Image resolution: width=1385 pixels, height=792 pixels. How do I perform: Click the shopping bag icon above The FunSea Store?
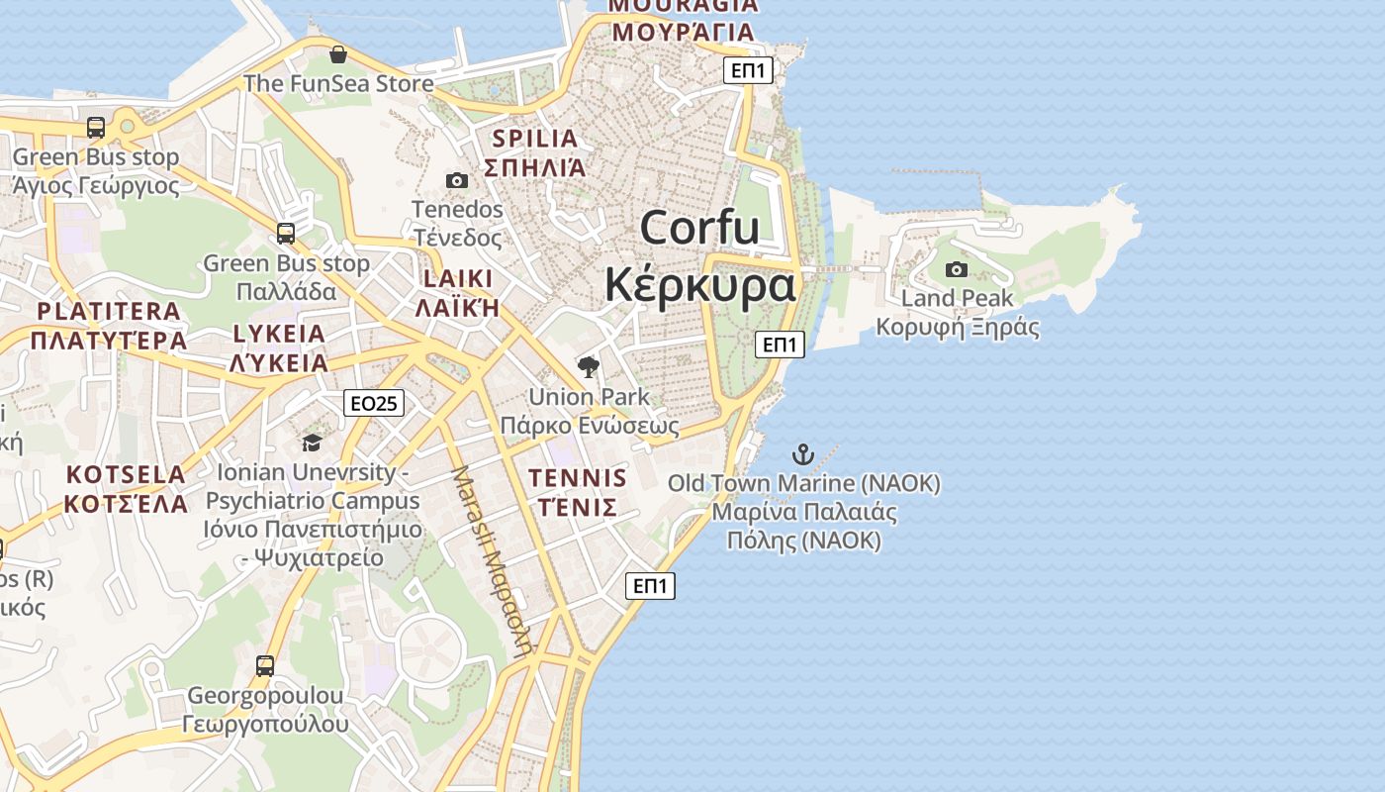click(338, 54)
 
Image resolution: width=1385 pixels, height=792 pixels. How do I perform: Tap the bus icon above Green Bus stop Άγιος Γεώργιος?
click(96, 128)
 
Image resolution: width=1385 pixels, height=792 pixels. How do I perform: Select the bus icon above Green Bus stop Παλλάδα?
click(286, 234)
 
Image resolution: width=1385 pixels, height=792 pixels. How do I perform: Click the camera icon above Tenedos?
click(457, 180)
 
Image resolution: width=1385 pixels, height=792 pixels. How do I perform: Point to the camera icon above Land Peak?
click(957, 269)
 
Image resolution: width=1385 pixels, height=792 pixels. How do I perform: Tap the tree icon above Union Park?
click(589, 368)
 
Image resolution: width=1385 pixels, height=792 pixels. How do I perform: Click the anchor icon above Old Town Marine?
click(803, 454)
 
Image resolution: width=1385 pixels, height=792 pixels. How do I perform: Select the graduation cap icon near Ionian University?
click(313, 443)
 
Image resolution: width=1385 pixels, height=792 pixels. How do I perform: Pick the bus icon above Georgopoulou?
click(265, 665)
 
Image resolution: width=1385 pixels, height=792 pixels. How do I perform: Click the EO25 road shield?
click(374, 403)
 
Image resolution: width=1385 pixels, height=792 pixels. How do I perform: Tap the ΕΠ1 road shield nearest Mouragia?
click(748, 70)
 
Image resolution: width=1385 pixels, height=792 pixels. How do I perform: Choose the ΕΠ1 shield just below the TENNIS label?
click(650, 586)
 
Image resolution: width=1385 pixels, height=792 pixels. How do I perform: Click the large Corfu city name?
click(699, 228)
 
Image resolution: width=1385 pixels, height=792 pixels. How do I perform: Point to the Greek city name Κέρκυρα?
click(699, 285)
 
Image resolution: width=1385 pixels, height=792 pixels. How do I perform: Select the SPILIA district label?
click(534, 139)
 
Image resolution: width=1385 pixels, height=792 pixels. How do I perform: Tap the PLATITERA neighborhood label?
click(109, 311)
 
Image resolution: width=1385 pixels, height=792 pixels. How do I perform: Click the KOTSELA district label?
click(126, 474)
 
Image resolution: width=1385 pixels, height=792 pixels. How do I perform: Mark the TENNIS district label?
click(578, 479)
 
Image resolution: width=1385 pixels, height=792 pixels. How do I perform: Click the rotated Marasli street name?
click(492, 560)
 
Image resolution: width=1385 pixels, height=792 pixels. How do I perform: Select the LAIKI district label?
click(457, 278)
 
